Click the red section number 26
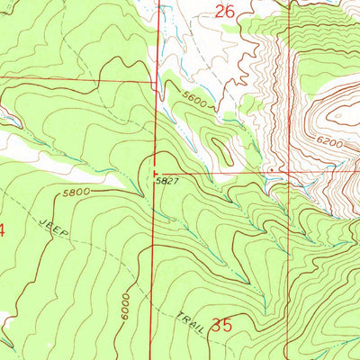226,13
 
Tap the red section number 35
222,326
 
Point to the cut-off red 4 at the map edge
3,230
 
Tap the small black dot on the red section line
270,168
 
